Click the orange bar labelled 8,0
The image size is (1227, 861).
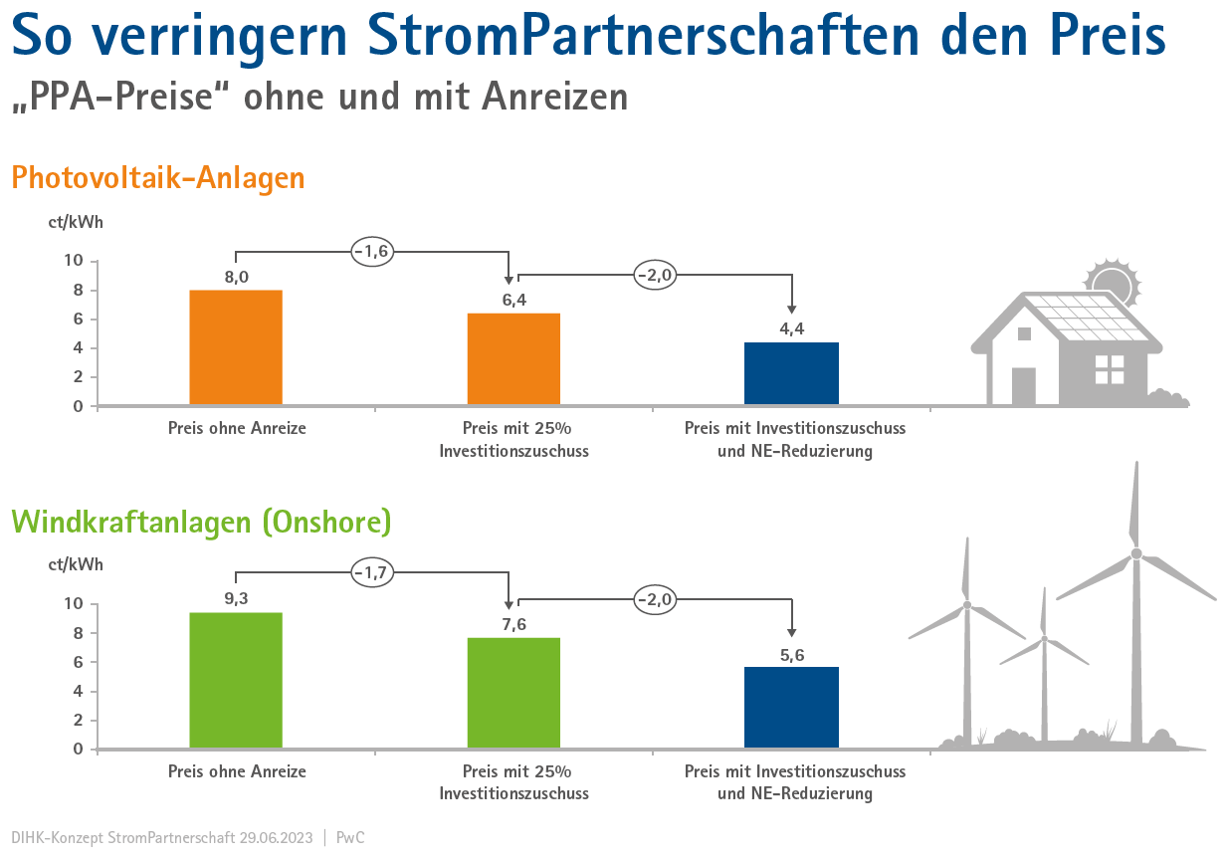pos(236,347)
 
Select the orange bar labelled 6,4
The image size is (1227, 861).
pos(513,359)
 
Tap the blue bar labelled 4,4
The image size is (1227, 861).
pos(791,373)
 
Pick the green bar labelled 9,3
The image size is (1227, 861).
pos(236,680)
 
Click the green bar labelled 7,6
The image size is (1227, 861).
pos(513,693)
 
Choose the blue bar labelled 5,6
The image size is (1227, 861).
pos(791,707)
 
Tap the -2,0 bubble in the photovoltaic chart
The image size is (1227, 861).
pos(655,275)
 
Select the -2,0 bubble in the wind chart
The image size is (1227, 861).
pos(655,599)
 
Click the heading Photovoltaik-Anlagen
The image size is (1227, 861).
pos(158,178)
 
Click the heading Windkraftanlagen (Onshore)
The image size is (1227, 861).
pos(201,522)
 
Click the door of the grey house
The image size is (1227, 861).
pos(1023,386)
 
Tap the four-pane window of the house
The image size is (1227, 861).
pos(1109,369)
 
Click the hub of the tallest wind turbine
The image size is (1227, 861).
pos(1135,553)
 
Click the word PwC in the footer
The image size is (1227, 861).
pos(350,837)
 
